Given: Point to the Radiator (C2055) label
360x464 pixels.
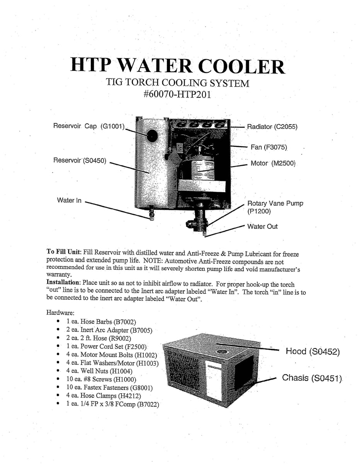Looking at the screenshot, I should pos(272,126).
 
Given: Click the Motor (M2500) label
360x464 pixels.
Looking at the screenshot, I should pos(273,164).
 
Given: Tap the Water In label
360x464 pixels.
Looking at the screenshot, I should pos(69,200).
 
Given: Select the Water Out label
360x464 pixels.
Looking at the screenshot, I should pos(262,226).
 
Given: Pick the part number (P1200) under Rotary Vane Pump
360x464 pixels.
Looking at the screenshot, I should pos(259,212).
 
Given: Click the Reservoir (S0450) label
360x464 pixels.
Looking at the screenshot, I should pos(80,160).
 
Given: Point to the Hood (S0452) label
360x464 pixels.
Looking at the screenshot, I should pos(312,351).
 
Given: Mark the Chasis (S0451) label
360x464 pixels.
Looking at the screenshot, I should pos(312,378).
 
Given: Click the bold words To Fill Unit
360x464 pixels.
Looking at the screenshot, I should pos(64,251).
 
